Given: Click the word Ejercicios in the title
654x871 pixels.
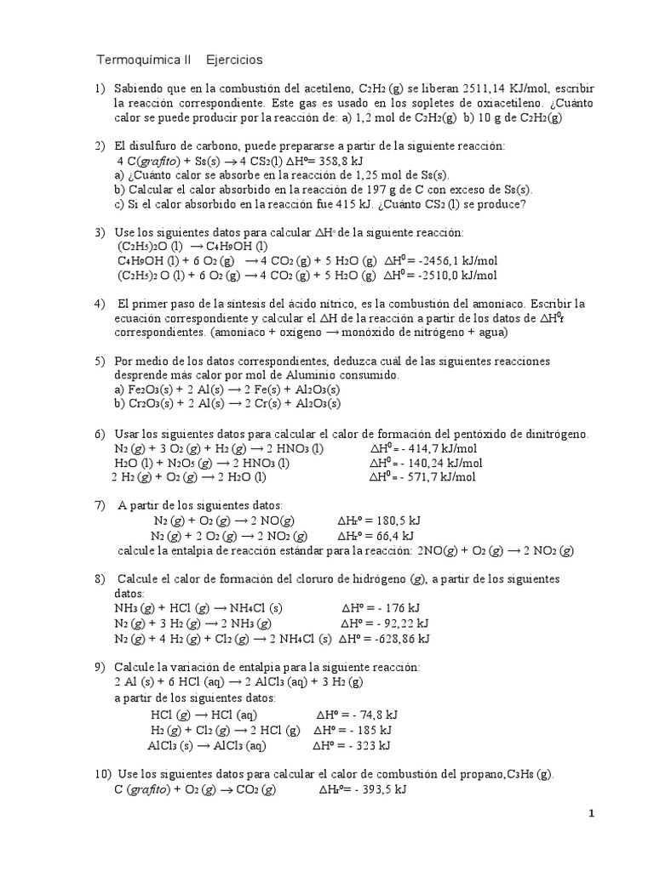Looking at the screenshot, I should click(235, 60).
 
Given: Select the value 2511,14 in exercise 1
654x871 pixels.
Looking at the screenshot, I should click(488, 88).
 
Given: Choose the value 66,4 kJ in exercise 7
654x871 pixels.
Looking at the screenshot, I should click(388, 535).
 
